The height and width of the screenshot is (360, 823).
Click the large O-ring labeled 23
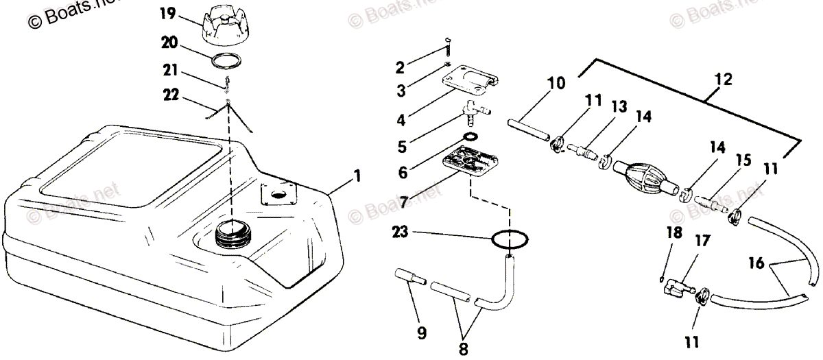click(x=511, y=239)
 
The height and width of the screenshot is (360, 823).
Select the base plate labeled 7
click(x=469, y=163)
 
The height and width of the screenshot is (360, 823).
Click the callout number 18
click(x=675, y=232)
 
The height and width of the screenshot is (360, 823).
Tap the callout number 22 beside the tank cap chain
click(x=170, y=95)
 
